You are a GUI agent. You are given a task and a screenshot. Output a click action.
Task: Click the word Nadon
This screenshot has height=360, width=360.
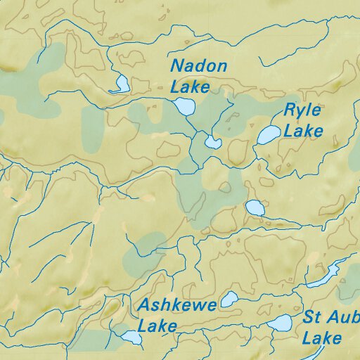(x=200, y=67)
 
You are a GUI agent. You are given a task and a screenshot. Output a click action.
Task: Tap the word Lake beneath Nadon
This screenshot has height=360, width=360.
(x=191, y=87)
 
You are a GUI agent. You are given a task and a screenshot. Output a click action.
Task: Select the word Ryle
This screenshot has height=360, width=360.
(x=302, y=110)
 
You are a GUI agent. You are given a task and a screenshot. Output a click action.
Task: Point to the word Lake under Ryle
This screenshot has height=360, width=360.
(x=304, y=131)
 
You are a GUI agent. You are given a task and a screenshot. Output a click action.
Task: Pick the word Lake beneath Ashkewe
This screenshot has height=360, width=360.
(x=157, y=327)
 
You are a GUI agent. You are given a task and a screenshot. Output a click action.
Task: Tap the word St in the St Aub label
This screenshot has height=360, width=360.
(x=312, y=317)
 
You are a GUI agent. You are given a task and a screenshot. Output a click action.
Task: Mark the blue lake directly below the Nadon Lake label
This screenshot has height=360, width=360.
(x=184, y=107)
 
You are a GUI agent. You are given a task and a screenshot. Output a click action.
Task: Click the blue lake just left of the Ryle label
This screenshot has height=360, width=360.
(x=267, y=134)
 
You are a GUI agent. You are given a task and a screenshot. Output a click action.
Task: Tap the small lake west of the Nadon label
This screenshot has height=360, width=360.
(x=121, y=84)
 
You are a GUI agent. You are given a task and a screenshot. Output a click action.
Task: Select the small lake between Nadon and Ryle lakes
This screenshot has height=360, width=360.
(x=212, y=143)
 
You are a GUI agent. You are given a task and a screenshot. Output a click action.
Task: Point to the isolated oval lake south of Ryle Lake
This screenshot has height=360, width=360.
(x=255, y=208)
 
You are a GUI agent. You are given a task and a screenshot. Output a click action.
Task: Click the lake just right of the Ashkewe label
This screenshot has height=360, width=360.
(x=229, y=300)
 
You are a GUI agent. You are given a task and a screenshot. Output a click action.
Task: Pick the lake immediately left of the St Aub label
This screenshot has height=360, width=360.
(x=281, y=323)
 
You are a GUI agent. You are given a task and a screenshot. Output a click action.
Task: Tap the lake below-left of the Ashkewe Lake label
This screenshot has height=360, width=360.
(x=131, y=337)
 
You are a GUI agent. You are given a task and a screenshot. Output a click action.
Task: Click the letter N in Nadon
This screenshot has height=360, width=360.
(x=177, y=67)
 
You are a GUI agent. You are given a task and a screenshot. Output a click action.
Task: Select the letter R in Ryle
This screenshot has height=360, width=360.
(x=290, y=110)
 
